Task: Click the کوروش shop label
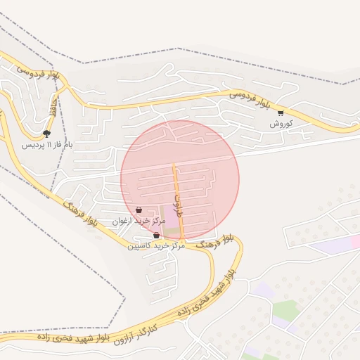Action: [281, 123]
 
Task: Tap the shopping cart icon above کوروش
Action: [281, 112]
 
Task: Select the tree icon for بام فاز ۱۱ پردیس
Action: [46, 133]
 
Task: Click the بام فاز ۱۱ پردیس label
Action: [46, 144]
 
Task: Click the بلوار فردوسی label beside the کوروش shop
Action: [250, 99]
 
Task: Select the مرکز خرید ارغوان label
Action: [139, 221]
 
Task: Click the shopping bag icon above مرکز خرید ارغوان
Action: [139, 210]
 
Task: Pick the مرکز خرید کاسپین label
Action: [156, 246]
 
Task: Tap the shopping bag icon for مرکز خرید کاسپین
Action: [156, 236]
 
